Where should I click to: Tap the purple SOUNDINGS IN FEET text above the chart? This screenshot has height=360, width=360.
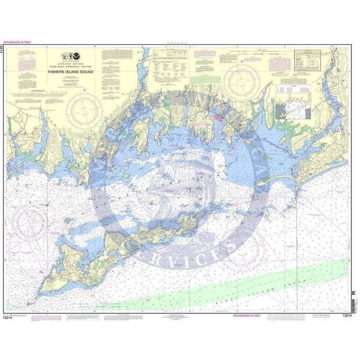(17, 43)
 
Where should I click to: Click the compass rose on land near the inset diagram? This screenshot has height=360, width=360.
(242, 82)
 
